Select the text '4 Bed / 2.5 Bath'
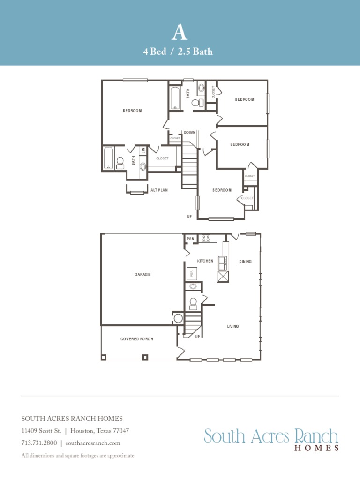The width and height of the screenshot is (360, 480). pyautogui.click(x=178, y=52)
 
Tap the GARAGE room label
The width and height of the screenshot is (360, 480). pyautogui.click(x=142, y=275)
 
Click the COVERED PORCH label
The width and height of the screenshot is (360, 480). pyautogui.click(x=136, y=339)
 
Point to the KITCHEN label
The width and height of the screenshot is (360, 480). pyautogui.click(x=205, y=261)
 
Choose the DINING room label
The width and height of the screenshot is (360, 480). pyautogui.click(x=245, y=261)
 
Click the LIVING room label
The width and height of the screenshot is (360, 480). pyautogui.click(x=233, y=326)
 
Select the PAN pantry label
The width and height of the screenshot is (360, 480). pyautogui.click(x=190, y=239)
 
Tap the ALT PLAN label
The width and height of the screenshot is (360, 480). pyautogui.click(x=159, y=190)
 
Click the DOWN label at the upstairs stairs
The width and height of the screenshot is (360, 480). pyautogui.click(x=189, y=133)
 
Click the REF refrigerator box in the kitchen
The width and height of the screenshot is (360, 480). pyautogui.click(x=191, y=273)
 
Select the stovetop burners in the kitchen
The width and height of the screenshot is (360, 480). pyautogui.click(x=206, y=238)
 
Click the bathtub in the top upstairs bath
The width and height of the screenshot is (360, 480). pyautogui.click(x=175, y=98)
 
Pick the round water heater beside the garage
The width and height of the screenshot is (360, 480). pyautogui.click(x=178, y=319)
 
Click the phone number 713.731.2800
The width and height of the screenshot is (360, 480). pyautogui.click(x=39, y=443)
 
